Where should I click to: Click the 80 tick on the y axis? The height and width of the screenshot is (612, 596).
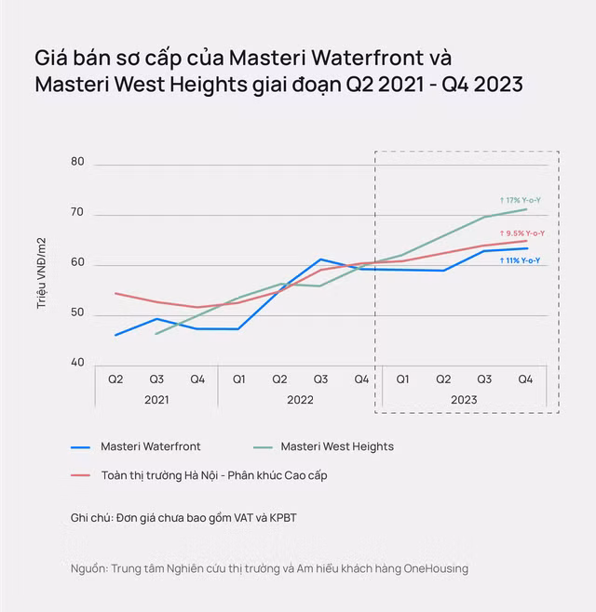click(x=76, y=162)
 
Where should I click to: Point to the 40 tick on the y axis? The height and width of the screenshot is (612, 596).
click(x=76, y=364)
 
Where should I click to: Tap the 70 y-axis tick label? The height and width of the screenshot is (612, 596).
click(x=76, y=213)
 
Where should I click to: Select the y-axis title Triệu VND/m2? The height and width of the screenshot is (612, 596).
click(x=42, y=273)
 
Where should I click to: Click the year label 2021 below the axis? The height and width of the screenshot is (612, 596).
click(x=156, y=400)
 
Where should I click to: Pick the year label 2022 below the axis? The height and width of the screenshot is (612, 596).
click(x=300, y=400)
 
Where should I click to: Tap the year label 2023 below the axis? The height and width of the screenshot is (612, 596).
click(x=464, y=400)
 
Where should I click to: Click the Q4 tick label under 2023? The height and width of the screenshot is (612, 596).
click(x=525, y=379)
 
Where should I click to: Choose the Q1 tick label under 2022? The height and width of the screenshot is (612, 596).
click(x=238, y=379)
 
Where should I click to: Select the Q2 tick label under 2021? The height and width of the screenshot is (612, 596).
click(x=115, y=379)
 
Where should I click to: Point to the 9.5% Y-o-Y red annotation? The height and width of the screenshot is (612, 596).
click(x=522, y=233)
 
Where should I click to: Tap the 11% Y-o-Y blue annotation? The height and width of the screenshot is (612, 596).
click(x=520, y=260)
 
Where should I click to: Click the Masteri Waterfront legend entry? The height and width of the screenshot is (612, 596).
click(x=150, y=446)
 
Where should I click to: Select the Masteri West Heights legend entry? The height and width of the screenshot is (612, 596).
click(x=336, y=446)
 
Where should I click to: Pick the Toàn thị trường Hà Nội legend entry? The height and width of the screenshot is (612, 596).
click(x=213, y=475)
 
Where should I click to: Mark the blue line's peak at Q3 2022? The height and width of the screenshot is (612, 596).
click(x=320, y=259)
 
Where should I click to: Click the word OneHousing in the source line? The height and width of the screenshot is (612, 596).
click(x=435, y=568)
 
